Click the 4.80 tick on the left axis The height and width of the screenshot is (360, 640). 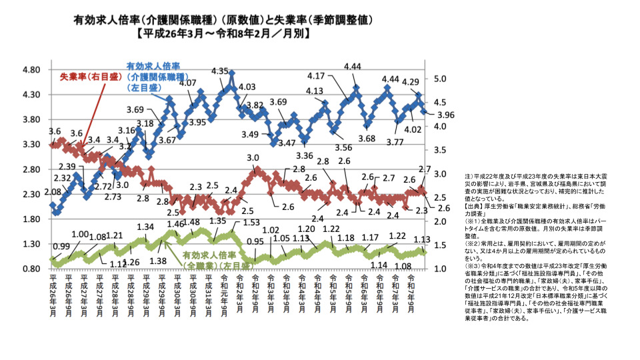(x=32, y=70)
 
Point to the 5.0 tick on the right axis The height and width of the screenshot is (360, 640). (x=442, y=78)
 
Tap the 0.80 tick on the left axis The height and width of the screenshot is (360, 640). (x=32, y=269)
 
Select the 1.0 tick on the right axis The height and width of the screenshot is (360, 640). (x=442, y=269)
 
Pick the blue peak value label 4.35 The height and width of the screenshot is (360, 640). (x=220, y=71)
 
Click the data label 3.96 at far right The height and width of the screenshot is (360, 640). (x=445, y=115)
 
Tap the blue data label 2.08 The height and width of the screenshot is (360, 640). (x=53, y=192)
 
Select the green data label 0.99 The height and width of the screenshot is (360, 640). (x=61, y=247)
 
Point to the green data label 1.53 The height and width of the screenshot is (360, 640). (x=251, y=223)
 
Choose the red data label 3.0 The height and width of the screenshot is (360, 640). (x=253, y=158)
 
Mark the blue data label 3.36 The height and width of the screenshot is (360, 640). (x=304, y=155)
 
